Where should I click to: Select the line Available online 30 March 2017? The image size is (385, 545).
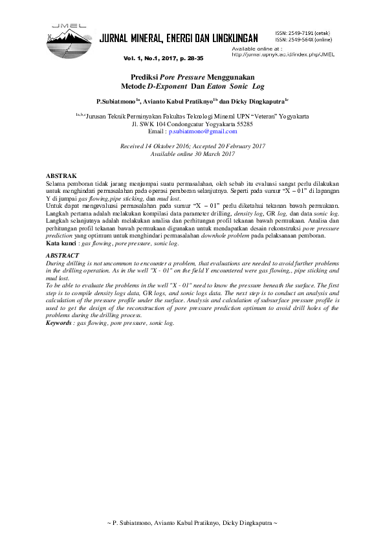click(x=192, y=154)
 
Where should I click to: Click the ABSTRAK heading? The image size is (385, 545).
click(x=62, y=176)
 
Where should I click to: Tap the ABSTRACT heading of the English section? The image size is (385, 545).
click(x=64, y=256)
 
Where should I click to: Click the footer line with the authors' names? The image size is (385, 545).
click(x=192, y=522)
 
